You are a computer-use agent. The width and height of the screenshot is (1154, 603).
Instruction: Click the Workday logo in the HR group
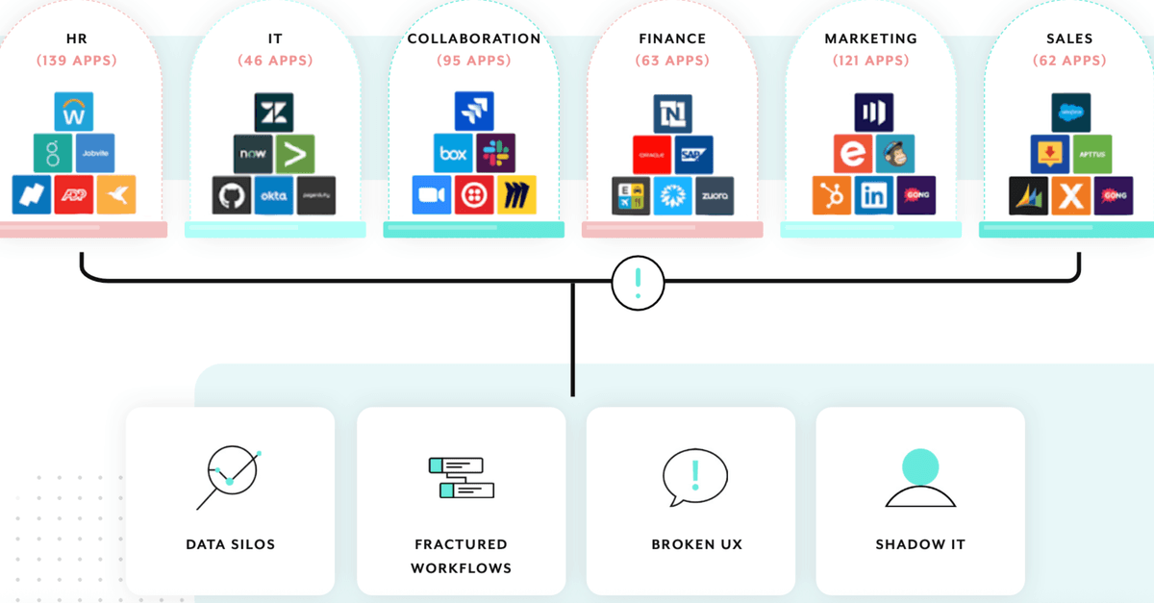tap(74, 112)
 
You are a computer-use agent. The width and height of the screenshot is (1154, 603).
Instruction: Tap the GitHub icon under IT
tap(231, 195)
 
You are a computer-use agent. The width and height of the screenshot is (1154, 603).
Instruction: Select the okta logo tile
tap(273, 195)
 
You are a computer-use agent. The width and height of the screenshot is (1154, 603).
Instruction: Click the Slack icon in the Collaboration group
tap(496, 153)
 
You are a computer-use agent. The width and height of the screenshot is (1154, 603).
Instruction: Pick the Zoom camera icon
tap(432, 195)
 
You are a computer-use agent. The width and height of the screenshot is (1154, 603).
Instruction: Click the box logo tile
tap(453, 153)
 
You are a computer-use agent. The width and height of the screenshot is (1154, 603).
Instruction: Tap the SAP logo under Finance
tap(692, 154)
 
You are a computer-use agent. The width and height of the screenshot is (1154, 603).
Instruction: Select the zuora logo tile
tap(715, 195)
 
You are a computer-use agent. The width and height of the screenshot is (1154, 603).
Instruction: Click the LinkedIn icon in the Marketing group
tap(873, 195)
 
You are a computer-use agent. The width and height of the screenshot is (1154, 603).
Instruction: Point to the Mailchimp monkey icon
tap(894, 153)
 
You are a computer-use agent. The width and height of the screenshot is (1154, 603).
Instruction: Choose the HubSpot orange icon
tap(831, 195)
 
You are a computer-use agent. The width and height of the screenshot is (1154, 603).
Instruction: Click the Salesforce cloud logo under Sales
tap(1069, 112)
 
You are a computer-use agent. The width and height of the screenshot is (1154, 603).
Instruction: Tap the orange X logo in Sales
tap(1070, 195)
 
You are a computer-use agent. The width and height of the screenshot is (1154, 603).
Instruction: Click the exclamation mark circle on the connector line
tap(638, 283)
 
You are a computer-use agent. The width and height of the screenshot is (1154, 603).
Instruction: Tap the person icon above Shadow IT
tap(920, 477)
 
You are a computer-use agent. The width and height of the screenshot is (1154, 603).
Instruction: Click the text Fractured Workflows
tap(461, 556)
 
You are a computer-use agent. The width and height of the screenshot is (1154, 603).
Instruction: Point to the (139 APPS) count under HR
tap(77, 61)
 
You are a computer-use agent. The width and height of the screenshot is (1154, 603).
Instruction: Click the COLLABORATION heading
tap(474, 39)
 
